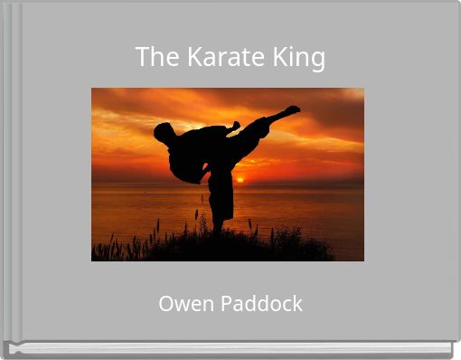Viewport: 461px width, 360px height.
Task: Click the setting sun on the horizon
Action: coord(240,179)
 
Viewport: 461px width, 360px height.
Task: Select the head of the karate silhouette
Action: coord(163,133)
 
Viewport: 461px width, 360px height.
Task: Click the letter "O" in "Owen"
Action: coord(165,304)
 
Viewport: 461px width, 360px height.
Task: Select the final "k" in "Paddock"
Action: coord(297,304)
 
